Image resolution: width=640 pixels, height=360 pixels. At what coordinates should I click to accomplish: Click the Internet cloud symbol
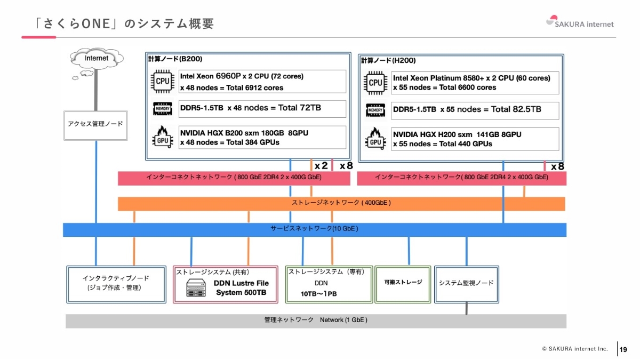(97, 58)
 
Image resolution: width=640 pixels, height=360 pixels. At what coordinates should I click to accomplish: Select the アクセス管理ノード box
(95, 124)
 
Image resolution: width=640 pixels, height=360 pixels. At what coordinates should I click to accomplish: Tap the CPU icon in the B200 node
(162, 81)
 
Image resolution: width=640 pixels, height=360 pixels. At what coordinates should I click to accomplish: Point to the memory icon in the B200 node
(162, 109)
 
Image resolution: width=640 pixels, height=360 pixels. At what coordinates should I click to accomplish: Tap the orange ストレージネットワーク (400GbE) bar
(341, 203)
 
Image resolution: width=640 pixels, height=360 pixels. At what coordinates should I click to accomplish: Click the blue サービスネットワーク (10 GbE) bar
(315, 229)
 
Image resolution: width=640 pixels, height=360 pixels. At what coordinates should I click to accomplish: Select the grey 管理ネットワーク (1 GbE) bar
(316, 321)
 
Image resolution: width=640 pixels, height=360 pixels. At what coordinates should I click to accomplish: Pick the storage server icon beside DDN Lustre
(196, 288)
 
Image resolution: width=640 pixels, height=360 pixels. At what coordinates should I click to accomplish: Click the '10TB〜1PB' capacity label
(319, 294)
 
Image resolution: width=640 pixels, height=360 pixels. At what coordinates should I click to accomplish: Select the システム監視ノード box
(466, 283)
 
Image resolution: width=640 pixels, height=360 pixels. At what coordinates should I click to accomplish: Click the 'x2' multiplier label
(321, 166)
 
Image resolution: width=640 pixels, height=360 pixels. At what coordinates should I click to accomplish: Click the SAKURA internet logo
(580, 22)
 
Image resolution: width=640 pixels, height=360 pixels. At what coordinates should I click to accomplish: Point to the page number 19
(623, 349)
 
